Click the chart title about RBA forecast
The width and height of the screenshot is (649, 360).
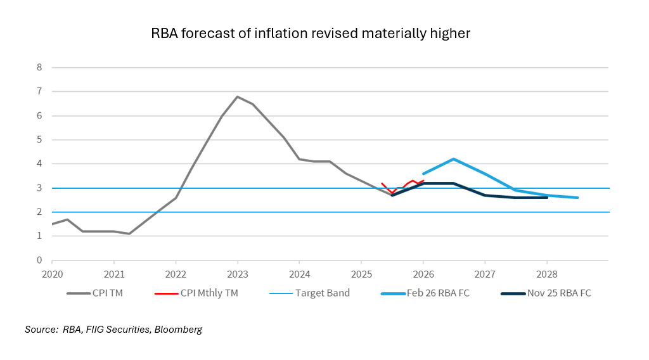(x=311, y=34)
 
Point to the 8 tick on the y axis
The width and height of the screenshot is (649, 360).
(x=39, y=67)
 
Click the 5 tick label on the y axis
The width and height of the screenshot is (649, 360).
(x=39, y=139)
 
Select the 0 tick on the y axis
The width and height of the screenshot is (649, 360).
(x=39, y=260)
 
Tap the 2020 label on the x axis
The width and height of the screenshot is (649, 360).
(x=52, y=274)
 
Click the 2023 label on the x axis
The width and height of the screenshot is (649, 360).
(x=237, y=274)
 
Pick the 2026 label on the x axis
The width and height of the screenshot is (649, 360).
(x=423, y=274)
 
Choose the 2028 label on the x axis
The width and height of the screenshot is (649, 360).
(x=546, y=274)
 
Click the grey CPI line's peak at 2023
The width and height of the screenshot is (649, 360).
(x=237, y=96)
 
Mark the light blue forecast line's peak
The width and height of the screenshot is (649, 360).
(x=454, y=159)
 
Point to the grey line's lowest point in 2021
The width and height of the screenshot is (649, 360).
(x=129, y=234)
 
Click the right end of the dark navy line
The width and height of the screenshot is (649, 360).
(x=546, y=198)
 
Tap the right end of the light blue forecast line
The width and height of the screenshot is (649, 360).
(x=577, y=198)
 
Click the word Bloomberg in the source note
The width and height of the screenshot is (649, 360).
(x=179, y=330)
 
